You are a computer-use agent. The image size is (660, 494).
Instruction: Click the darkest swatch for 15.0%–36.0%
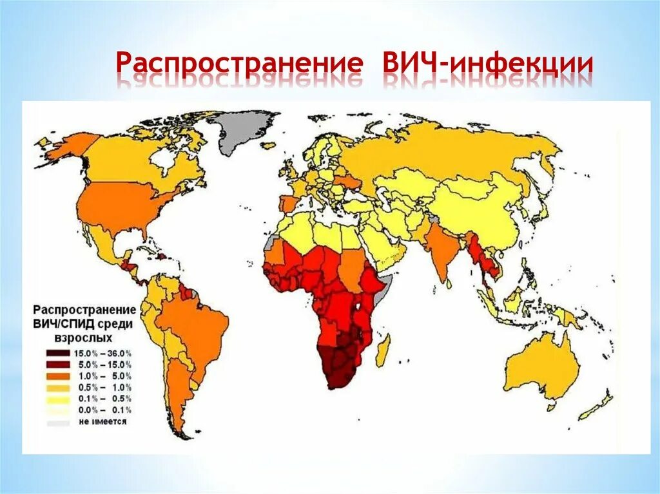click(58, 353)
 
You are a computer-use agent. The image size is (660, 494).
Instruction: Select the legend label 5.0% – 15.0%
click(103, 365)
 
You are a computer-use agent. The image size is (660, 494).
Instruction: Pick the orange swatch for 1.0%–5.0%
click(58, 376)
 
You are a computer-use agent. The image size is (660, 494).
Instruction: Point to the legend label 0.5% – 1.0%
click(103, 388)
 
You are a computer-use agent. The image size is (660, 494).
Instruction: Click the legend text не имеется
click(103, 422)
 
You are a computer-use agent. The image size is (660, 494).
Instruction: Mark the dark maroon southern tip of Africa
click(342, 370)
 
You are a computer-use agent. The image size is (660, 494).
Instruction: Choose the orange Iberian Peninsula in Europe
click(287, 202)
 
